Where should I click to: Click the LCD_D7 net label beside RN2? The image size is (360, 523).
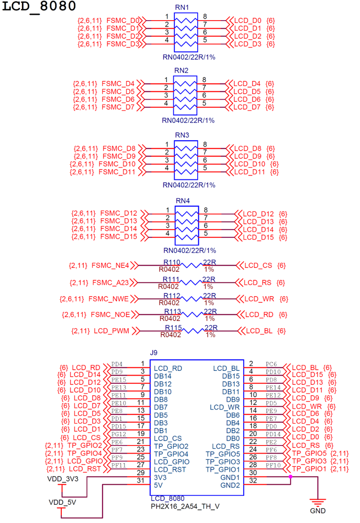[x=247, y=107]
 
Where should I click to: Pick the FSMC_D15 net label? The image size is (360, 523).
[x=119, y=236]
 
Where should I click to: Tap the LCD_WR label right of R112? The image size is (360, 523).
[x=259, y=299]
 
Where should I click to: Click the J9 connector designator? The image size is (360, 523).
[x=153, y=353]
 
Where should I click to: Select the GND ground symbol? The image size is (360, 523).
[x=317, y=504]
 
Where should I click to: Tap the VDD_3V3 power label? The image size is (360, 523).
[x=61, y=478]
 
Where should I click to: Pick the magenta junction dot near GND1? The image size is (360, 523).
[x=291, y=477]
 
